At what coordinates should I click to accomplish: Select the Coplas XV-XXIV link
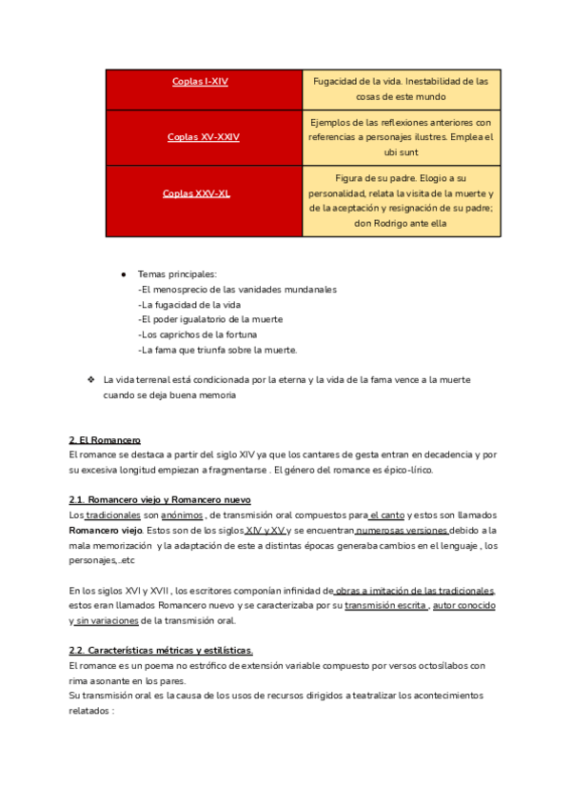(x=203, y=137)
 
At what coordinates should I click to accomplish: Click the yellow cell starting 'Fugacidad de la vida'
(x=401, y=89)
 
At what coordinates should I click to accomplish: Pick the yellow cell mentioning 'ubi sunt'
(x=401, y=137)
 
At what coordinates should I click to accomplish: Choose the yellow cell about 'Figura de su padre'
(x=401, y=200)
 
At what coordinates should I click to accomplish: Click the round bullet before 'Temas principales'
(x=124, y=274)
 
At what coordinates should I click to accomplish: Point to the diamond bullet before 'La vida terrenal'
(x=90, y=379)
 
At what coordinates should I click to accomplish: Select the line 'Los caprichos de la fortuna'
(x=198, y=334)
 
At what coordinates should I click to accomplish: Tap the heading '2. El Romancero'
(x=105, y=440)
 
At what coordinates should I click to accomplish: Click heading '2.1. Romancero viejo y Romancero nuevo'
(x=160, y=500)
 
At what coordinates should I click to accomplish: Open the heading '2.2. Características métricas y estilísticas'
(x=161, y=651)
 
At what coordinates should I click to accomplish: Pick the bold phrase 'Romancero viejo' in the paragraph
(x=106, y=530)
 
